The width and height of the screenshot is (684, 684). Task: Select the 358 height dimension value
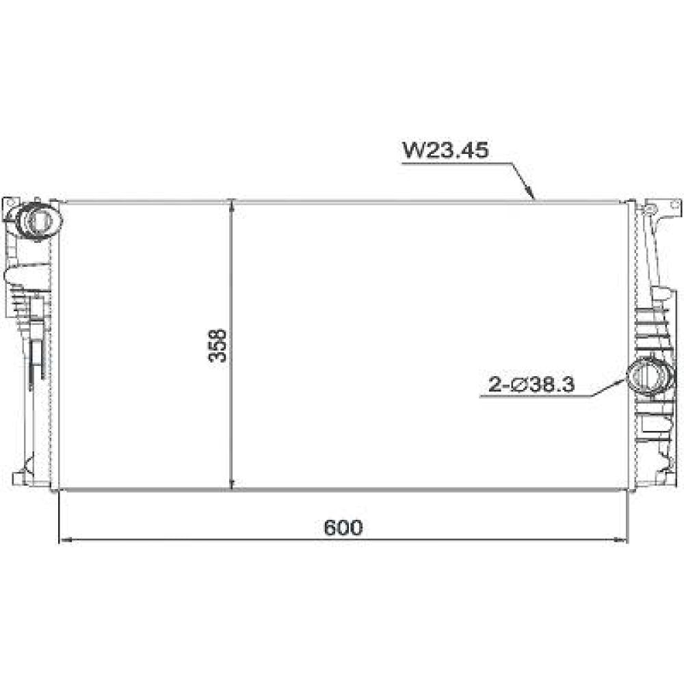point(218,345)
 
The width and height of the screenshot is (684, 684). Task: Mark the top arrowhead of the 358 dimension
point(233,206)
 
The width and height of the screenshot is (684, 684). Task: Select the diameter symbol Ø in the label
point(516,386)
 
